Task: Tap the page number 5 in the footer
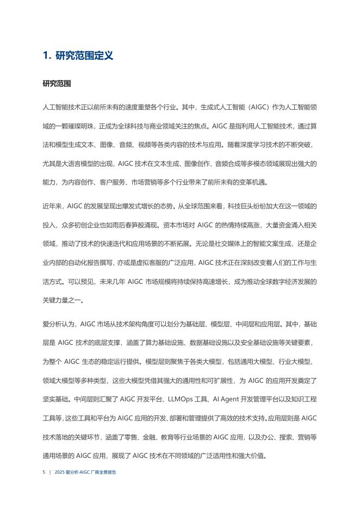[x=44, y=473]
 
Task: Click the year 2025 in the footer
[x=60, y=473]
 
